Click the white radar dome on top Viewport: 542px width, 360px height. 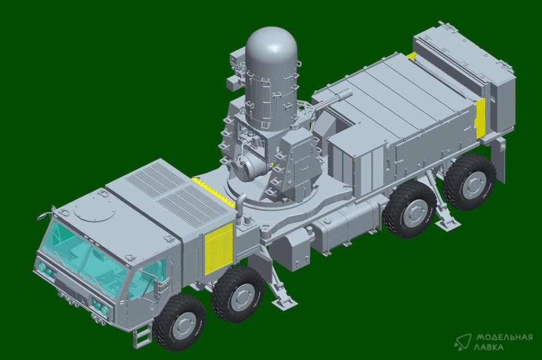pyautogui.click(x=272, y=48)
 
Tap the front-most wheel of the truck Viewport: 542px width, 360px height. pyautogui.click(x=179, y=322)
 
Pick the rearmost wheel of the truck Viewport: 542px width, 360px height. pyautogui.click(x=469, y=182)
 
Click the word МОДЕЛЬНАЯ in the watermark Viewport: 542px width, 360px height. pyautogui.click(x=504, y=338)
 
